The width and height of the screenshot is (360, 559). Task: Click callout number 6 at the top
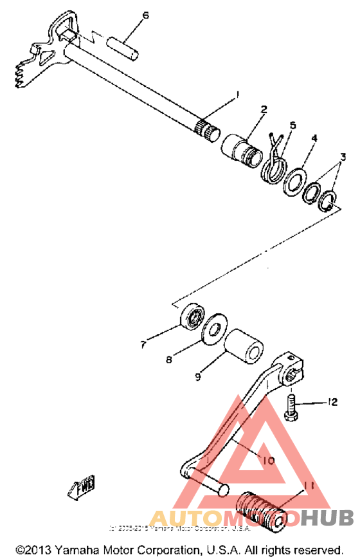[x=145, y=15]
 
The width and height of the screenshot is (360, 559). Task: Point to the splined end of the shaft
[x=208, y=129]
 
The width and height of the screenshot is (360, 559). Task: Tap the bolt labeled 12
[x=290, y=408]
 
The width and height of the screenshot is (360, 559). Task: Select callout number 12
[x=332, y=402]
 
